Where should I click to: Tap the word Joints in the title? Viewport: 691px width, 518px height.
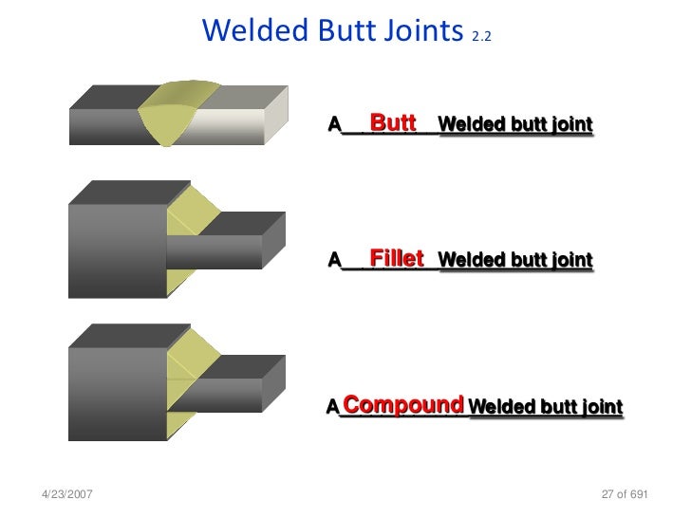click(x=418, y=31)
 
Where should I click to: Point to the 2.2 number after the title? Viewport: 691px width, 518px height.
click(x=481, y=37)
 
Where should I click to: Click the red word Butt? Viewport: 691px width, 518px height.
click(x=393, y=122)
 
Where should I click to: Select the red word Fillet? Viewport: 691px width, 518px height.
click(x=397, y=258)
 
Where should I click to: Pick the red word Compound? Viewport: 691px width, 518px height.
click(x=403, y=406)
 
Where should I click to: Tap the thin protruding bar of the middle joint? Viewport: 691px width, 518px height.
click(x=218, y=250)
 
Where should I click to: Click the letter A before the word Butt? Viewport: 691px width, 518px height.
click(x=334, y=124)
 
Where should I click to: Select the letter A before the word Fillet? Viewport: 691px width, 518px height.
click(x=334, y=260)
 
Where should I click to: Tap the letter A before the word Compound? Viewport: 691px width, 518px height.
click(x=333, y=408)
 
